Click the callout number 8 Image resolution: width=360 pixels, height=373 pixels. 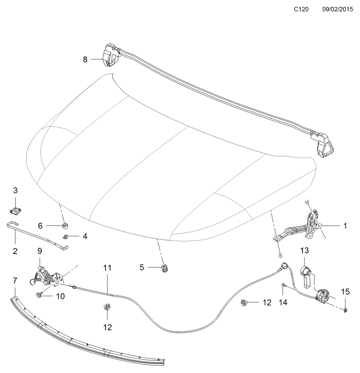(x=85, y=59)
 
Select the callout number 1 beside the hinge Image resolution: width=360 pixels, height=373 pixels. (x=345, y=226)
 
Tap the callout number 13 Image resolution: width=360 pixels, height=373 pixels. (x=304, y=251)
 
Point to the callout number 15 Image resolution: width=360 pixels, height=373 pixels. (x=345, y=292)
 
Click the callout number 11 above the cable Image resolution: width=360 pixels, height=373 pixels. (x=107, y=268)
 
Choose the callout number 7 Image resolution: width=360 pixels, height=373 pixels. (x=15, y=281)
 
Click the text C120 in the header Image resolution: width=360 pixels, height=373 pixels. (x=301, y=9)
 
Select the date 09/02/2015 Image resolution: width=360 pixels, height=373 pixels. (x=337, y=9)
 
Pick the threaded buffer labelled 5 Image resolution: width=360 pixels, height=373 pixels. (x=165, y=269)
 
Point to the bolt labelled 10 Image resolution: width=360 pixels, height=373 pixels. (x=38, y=295)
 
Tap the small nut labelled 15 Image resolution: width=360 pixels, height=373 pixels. (x=346, y=310)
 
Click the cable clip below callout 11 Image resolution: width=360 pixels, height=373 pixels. (x=107, y=307)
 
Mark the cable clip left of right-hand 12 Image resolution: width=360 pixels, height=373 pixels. (x=244, y=303)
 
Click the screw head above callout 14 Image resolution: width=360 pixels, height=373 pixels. (x=283, y=285)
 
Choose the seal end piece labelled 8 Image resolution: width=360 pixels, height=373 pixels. (x=110, y=55)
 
